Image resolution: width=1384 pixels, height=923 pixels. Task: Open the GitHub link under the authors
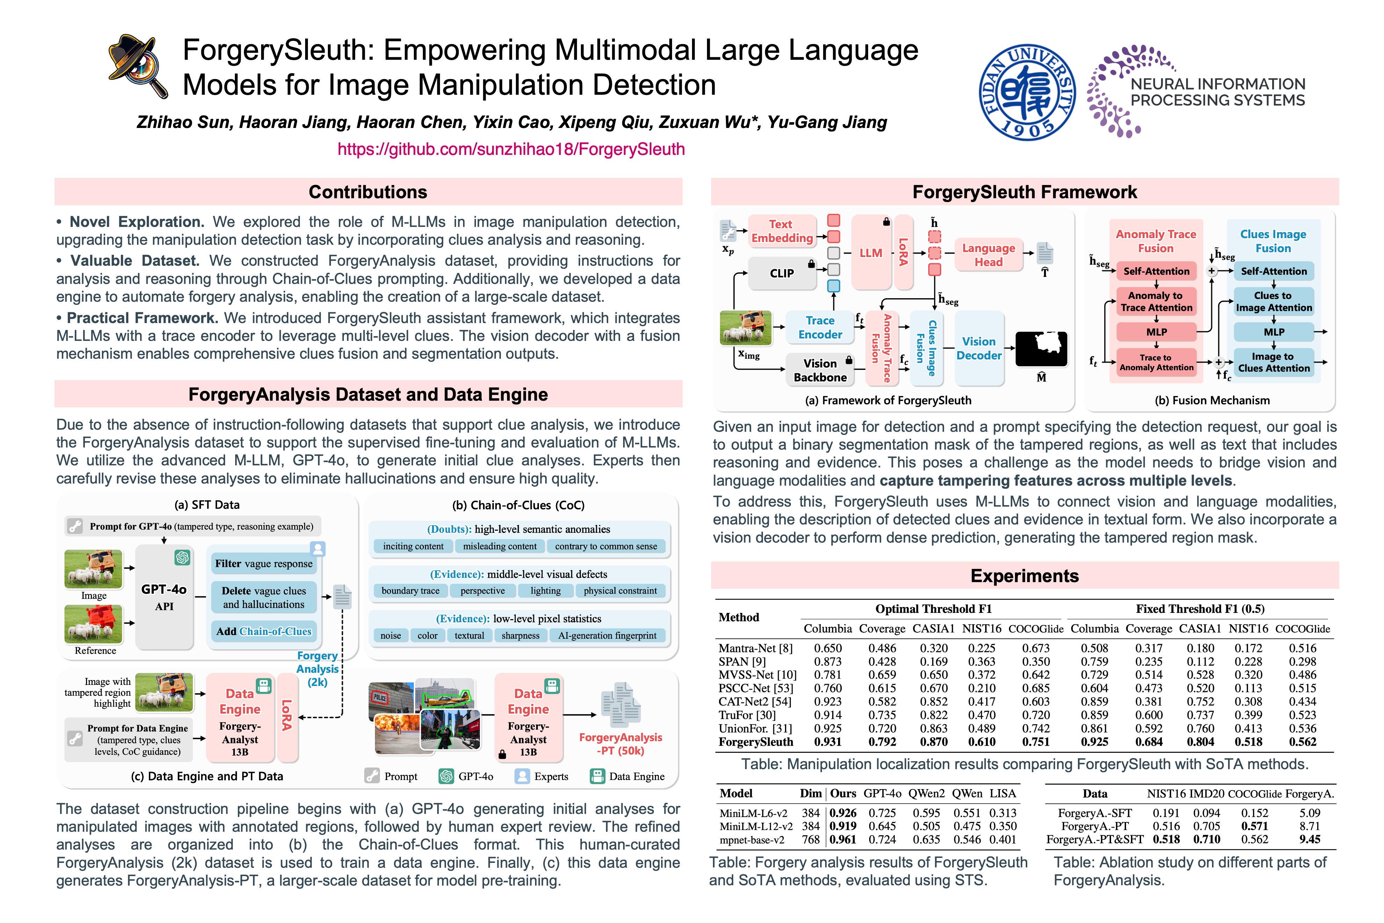coord(511,149)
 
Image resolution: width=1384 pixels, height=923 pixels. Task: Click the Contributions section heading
coord(368,192)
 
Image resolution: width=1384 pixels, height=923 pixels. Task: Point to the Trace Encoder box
coord(820,327)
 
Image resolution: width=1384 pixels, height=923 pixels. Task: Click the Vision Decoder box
coord(979,349)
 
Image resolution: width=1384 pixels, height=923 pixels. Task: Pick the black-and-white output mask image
coord(1041,349)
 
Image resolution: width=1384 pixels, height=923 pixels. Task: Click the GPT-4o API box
coord(164,597)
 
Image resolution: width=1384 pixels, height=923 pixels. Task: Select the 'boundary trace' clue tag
coord(410,591)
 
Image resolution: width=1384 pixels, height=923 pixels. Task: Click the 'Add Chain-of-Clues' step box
coord(264,631)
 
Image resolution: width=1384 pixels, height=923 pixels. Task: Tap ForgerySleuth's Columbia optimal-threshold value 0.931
coord(827,742)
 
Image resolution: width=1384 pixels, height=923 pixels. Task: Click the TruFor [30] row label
coord(747,715)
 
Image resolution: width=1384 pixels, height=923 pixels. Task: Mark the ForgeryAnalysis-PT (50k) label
coord(620,744)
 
